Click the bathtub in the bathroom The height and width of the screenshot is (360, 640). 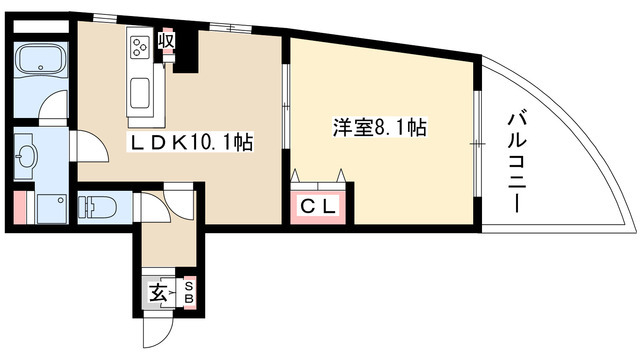coord(41,62)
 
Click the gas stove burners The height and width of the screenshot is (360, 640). coord(139,43)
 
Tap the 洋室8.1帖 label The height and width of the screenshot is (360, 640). coord(379,128)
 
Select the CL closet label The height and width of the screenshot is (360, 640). coord(320,207)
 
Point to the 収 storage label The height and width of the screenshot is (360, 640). coord(167,41)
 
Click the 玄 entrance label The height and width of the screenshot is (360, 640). coord(158,294)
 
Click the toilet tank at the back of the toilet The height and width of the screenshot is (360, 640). coord(79,208)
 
